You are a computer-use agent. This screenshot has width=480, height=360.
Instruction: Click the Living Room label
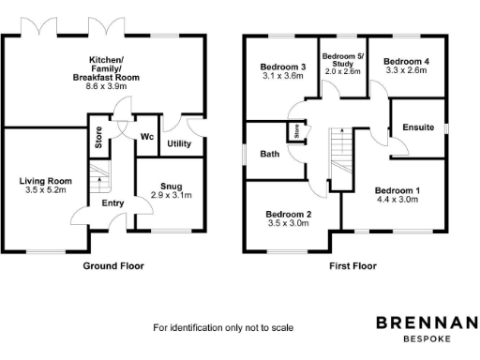pyautogui.click(x=46, y=181)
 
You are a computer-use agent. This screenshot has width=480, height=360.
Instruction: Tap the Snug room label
pyautogui.click(x=171, y=186)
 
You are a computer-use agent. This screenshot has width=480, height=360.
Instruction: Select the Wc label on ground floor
pyautogui.click(x=147, y=137)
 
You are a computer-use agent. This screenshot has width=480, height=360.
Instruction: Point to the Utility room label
pyautogui.click(x=178, y=143)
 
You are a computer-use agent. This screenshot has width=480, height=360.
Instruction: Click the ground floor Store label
pyautogui.click(x=98, y=139)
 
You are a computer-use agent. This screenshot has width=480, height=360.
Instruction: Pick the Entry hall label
pyautogui.click(x=112, y=203)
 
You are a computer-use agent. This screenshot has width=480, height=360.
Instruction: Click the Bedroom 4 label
pyautogui.click(x=407, y=62)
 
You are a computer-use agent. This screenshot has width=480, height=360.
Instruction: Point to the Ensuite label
pyautogui.click(x=417, y=127)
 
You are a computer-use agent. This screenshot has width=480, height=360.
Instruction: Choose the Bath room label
pyautogui.click(x=270, y=154)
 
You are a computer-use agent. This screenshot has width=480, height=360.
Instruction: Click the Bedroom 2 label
pyautogui.click(x=288, y=213)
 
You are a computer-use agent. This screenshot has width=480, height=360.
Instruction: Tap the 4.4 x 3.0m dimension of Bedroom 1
pyautogui.click(x=397, y=199)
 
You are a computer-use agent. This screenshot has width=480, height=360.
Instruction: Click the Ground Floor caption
pyautogui.click(x=114, y=266)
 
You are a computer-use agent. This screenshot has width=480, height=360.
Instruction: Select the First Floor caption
pyautogui.click(x=352, y=266)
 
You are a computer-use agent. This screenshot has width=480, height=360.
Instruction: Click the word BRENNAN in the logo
pyautogui.click(x=426, y=322)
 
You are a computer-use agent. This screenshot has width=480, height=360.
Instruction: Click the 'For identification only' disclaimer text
pyautogui.click(x=223, y=328)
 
